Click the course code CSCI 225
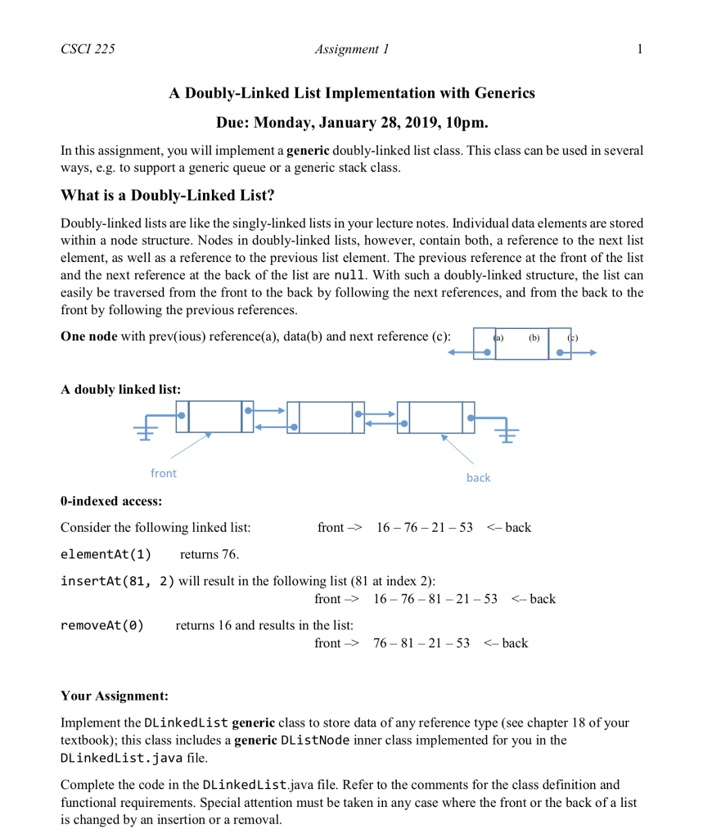88,49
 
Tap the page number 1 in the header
639,49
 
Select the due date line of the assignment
352,123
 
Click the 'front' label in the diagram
163,473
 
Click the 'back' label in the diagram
478,477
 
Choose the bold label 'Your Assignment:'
114,696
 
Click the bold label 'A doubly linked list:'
120,390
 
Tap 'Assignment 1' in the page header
352,49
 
